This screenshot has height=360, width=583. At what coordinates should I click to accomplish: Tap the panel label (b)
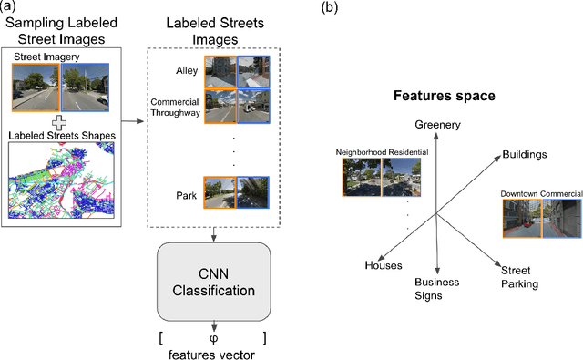[336, 8]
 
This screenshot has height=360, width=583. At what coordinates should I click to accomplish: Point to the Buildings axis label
[524, 155]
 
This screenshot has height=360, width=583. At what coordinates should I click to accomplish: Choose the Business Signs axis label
[437, 290]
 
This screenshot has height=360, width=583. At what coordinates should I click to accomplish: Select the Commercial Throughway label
[172, 108]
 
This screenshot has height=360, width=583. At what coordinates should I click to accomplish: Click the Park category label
[187, 194]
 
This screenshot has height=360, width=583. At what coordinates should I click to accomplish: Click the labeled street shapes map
[60, 180]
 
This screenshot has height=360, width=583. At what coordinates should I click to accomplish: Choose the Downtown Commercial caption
[541, 193]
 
